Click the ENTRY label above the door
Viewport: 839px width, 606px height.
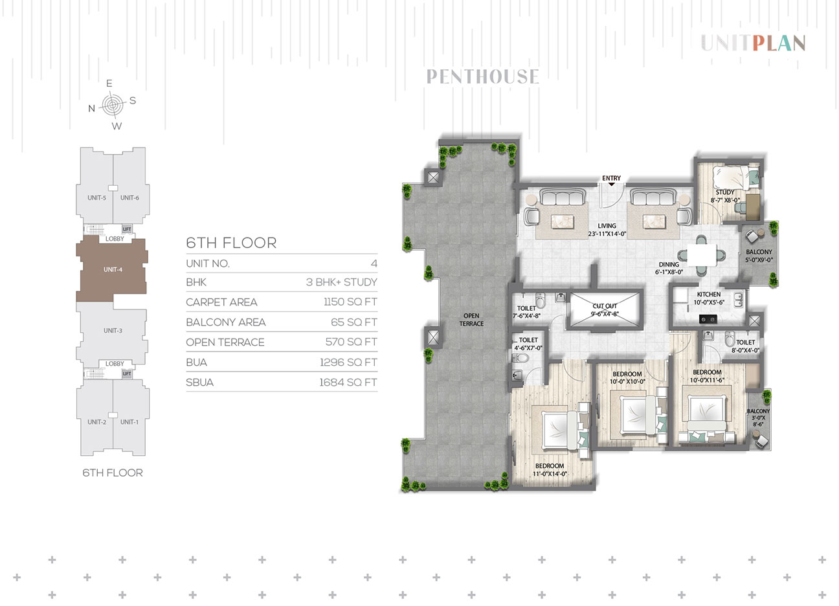tap(611, 178)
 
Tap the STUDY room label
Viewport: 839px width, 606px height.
tap(725, 192)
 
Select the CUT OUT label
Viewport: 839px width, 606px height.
tap(605, 306)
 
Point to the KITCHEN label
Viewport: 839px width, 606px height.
tap(709, 295)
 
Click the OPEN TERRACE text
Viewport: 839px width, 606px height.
tap(471, 319)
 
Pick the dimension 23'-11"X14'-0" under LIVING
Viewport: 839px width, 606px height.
tap(607, 234)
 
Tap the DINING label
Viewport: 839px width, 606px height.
tap(669, 264)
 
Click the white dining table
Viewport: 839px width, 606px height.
tap(702, 255)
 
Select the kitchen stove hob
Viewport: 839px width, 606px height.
tap(708, 319)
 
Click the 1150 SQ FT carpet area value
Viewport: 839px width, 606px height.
tap(350, 302)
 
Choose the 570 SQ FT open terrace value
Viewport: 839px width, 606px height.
tap(351, 342)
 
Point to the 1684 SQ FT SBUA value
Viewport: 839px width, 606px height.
tap(348, 383)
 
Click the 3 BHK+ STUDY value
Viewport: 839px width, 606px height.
tap(341, 282)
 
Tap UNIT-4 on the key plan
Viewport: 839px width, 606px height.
tap(113, 270)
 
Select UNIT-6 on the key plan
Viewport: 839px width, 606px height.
tap(129, 197)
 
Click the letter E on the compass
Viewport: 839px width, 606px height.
tap(109, 83)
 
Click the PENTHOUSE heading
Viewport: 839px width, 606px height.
tap(482, 76)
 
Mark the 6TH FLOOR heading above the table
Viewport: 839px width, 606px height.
tap(231, 243)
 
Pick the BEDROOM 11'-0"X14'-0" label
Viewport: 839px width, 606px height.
tap(550, 469)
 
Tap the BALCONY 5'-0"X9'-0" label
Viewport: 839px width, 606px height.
tap(759, 256)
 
